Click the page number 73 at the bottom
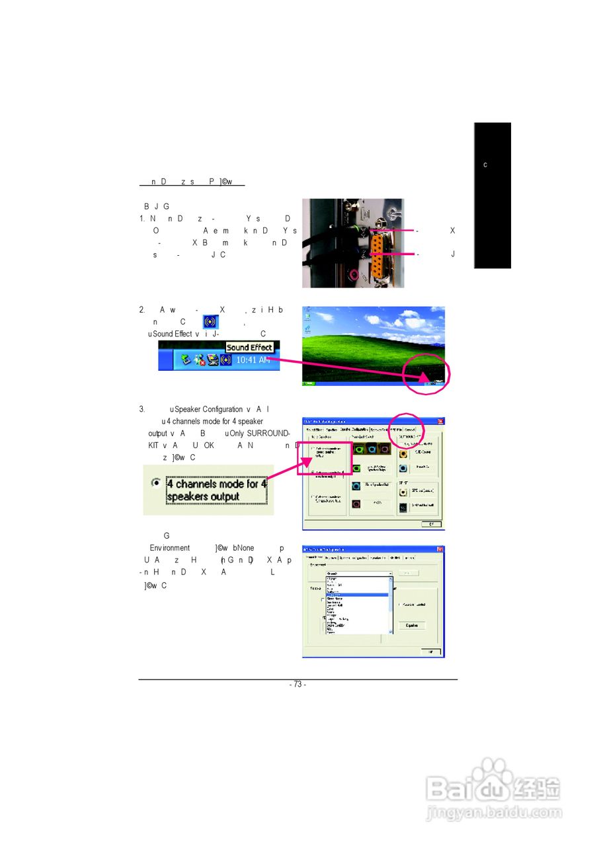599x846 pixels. (x=298, y=685)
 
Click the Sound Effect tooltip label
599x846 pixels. (x=249, y=348)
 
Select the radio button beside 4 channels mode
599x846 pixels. (x=155, y=483)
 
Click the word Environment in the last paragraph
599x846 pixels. (x=170, y=548)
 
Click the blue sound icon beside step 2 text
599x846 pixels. (x=210, y=322)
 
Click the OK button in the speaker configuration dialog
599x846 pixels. (x=432, y=523)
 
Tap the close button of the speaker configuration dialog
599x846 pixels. (x=440, y=421)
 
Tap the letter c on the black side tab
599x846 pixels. (x=485, y=165)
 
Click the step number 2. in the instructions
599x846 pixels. (x=141, y=310)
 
